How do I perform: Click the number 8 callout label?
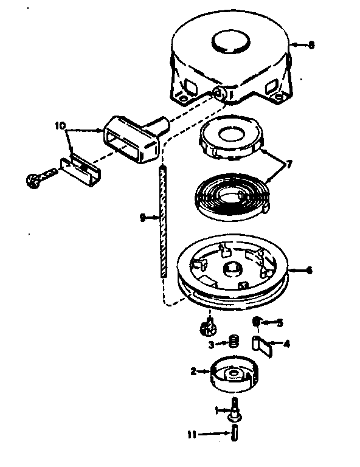coord(312,45)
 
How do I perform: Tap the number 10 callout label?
coord(59,126)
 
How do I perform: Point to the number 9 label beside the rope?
coord(142,217)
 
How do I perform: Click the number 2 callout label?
coord(194,371)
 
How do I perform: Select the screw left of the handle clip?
coord(35,178)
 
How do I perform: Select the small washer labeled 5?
coord(258,322)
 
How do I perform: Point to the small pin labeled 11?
coord(234,434)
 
